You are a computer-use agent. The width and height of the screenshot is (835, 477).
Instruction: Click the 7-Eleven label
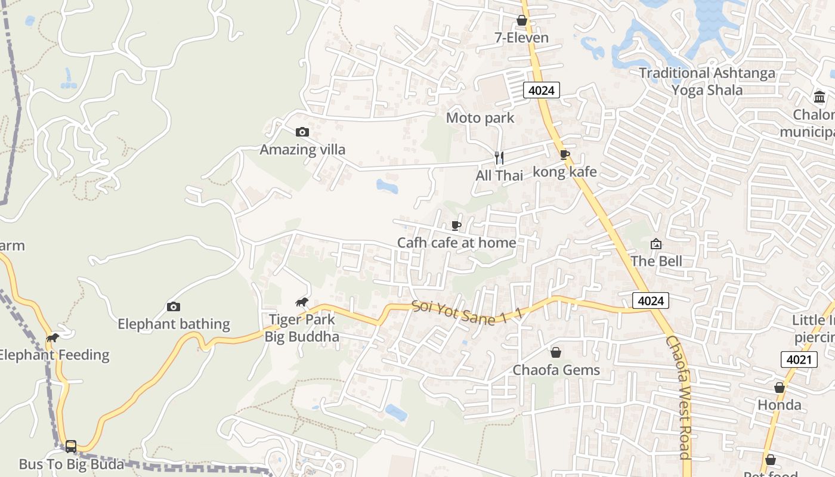(521, 38)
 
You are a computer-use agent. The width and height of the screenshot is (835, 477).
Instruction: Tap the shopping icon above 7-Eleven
(522, 21)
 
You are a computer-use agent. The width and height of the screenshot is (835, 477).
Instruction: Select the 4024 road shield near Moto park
(541, 91)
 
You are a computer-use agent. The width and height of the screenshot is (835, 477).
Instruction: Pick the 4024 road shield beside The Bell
(650, 301)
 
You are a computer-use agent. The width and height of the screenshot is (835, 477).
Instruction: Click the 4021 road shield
(799, 359)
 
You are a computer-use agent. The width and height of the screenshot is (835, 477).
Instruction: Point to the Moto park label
(480, 117)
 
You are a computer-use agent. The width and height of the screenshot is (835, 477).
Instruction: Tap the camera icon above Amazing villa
(302, 132)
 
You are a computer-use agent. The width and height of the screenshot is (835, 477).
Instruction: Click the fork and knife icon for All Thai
(499, 158)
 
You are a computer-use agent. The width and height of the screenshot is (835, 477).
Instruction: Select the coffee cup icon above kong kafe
(564, 155)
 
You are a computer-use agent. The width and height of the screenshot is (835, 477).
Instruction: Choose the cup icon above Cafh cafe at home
(456, 225)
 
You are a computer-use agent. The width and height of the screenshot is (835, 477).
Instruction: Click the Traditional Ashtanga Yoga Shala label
(707, 82)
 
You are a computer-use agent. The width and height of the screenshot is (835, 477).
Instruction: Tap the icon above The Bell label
(656, 243)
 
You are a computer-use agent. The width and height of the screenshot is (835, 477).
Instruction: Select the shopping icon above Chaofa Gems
(556, 352)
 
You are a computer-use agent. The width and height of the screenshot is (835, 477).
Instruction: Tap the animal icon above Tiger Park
(302, 302)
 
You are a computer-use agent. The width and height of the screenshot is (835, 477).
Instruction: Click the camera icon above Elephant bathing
(174, 306)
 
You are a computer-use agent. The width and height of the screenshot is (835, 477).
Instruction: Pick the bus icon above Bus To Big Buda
(71, 446)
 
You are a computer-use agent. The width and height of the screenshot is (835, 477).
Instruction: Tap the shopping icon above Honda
(780, 388)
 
